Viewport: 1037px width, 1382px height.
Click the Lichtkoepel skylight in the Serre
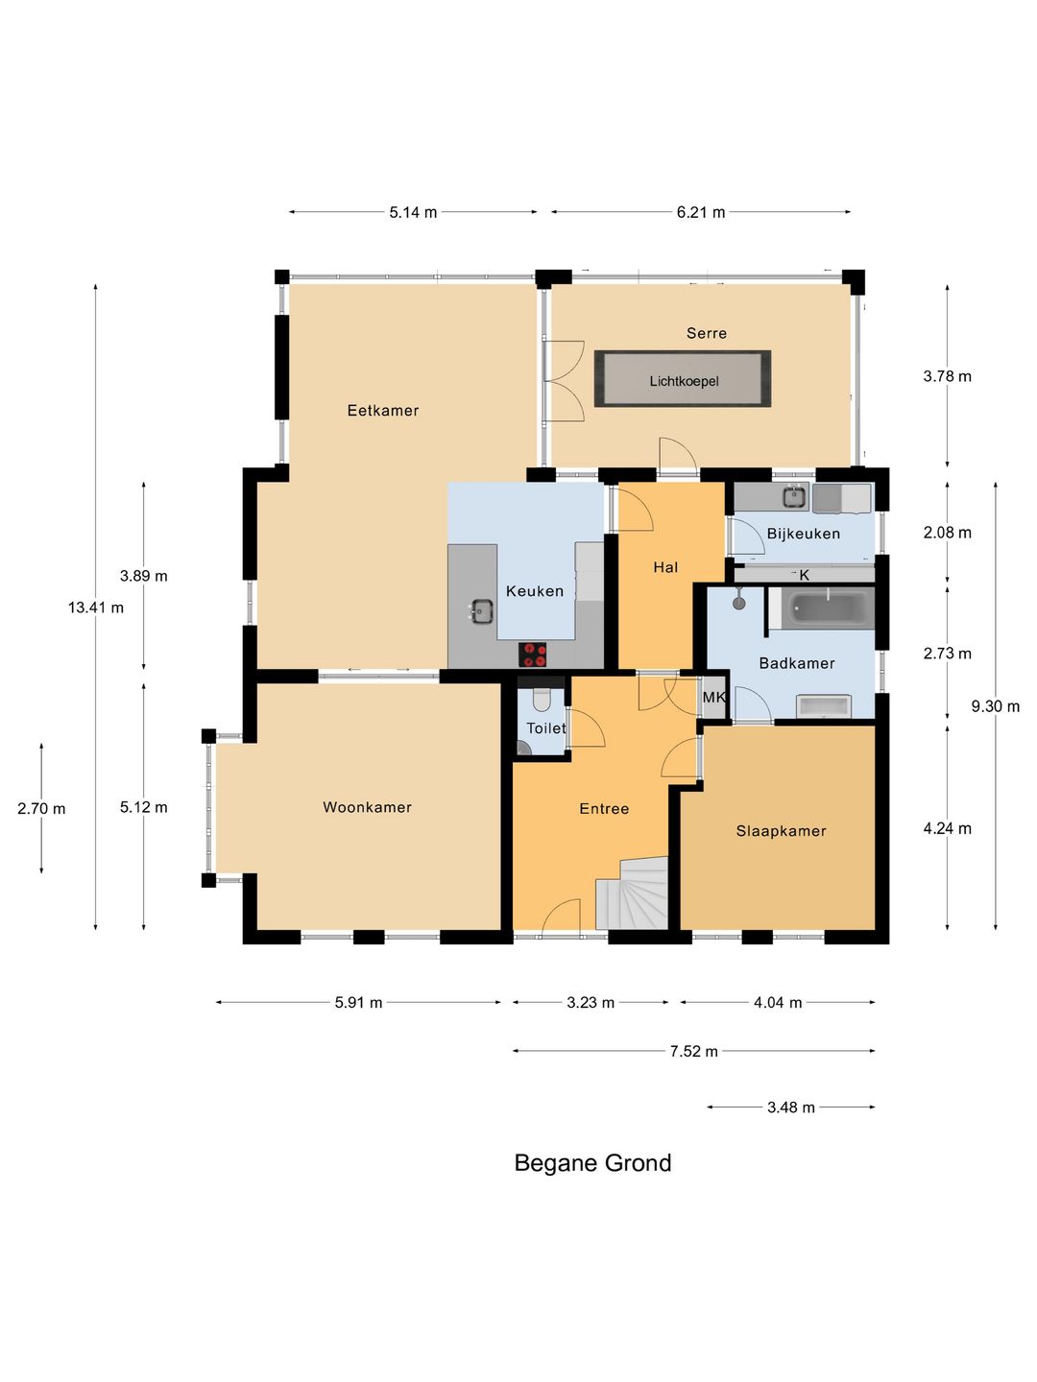click(x=683, y=379)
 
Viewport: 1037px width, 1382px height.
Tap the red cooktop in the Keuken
click(x=533, y=655)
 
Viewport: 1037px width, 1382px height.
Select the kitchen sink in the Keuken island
click(x=482, y=610)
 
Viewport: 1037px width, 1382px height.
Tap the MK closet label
click(x=714, y=697)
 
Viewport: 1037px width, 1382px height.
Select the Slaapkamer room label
click(x=781, y=831)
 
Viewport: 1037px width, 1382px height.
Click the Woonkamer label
click(x=367, y=807)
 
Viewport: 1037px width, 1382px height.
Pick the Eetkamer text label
click(x=383, y=411)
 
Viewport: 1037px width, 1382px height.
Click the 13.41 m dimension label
click(x=96, y=608)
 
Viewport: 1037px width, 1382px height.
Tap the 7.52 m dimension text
click(x=694, y=1052)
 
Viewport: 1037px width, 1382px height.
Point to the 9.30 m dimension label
click(x=995, y=706)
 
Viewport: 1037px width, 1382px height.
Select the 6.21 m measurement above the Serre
click(x=701, y=212)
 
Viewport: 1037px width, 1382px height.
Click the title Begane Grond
click(x=592, y=1163)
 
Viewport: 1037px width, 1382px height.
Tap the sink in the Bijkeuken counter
click(x=796, y=497)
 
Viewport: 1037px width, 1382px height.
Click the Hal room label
click(x=665, y=567)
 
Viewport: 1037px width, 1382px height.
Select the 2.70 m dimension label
click(x=41, y=808)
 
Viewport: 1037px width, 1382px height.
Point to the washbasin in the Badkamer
click(x=824, y=705)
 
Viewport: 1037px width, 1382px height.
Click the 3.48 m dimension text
click(x=791, y=1108)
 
